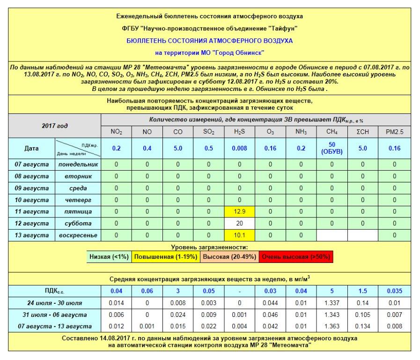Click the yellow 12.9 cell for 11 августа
click(240, 211)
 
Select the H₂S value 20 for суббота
click(240, 223)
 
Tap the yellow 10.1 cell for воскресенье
click(240, 235)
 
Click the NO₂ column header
click(117, 132)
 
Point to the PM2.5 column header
click(394, 132)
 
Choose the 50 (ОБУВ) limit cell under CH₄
click(332, 148)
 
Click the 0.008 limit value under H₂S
click(240, 148)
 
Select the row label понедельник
click(78, 165)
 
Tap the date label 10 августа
click(33, 200)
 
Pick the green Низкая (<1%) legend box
click(109, 257)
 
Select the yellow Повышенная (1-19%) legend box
click(165, 257)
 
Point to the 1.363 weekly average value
click(332, 326)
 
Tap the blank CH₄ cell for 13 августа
click(332, 235)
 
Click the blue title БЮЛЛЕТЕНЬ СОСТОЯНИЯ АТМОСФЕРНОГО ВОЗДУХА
click(209, 41)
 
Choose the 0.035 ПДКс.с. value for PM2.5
click(394, 291)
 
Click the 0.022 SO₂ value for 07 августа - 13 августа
click(209, 326)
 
